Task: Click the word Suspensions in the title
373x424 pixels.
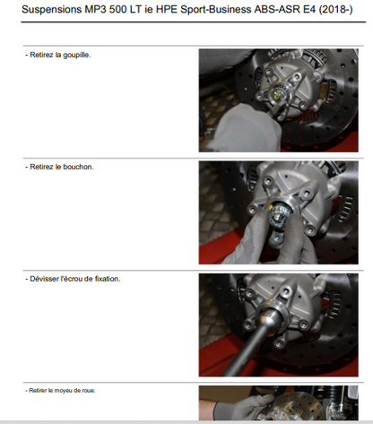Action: coord(51,10)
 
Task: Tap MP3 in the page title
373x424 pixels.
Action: coord(95,10)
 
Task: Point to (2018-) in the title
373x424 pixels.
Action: coord(336,10)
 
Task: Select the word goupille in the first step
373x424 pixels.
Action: coord(77,55)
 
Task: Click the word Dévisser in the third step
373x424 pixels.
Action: coord(44,279)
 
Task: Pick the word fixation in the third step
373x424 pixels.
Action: coord(108,279)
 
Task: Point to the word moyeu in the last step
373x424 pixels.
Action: coord(62,391)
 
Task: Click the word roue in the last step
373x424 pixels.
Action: coord(90,391)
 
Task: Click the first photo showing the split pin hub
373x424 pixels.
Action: coord(279,100)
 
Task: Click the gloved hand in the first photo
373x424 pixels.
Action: coord(245,129)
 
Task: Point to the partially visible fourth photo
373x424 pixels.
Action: coord(279,403)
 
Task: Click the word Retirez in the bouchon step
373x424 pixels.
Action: coord(42,167)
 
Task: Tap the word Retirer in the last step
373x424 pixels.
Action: coord(38,391)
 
